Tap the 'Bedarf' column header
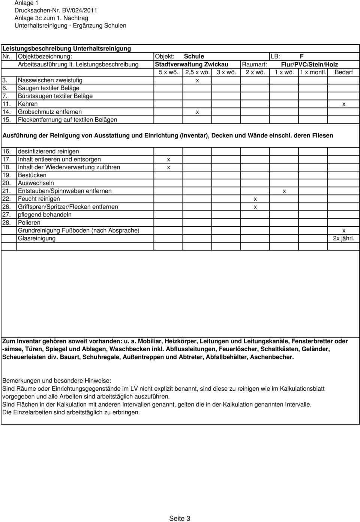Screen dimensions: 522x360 click(x=343, y=72)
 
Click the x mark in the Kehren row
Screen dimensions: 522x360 click(x=343, y=104)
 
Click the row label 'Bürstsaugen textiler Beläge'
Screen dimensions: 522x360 click(x=55, y=96)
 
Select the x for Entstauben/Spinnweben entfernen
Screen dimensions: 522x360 click(x=284, y=191)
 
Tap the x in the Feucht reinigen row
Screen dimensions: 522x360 click(x=255, y=199)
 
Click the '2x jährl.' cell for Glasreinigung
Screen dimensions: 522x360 click(x=343, y=238)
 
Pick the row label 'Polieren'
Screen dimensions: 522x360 click(x=29, y=223)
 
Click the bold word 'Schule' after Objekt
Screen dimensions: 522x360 click(x=194, y=56)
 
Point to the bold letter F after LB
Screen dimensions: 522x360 click(x=301, y=56)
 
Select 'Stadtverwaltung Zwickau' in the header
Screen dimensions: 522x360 click(x=192, y=64)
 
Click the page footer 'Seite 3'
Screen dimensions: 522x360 click(x=180, y=518)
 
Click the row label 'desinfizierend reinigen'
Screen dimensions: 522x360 click(x=48, y=152)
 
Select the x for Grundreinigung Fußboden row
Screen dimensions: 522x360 click(x=343, y=230)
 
